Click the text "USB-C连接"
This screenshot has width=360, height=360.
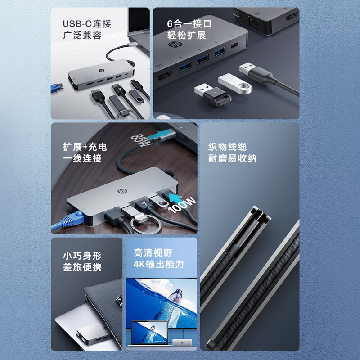86,24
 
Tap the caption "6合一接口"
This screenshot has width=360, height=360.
189,24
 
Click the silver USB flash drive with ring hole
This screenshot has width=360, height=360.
234,83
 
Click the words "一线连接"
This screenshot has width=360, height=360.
82,158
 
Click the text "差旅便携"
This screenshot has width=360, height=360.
82,267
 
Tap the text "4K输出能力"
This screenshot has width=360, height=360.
159,265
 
